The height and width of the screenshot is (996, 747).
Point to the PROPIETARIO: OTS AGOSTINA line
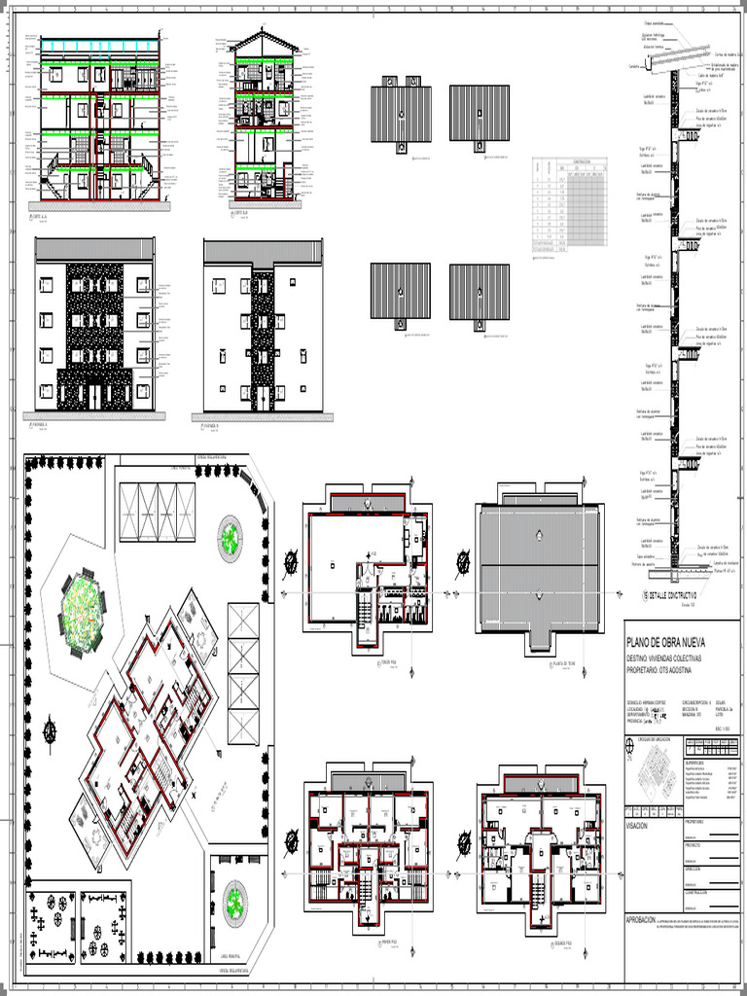[672, 670]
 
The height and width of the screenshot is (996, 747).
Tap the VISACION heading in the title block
[643, 824]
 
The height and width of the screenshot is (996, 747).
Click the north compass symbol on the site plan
[50, 725]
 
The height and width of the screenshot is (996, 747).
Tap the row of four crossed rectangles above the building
[157, 512]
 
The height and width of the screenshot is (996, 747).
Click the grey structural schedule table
[570, 205]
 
